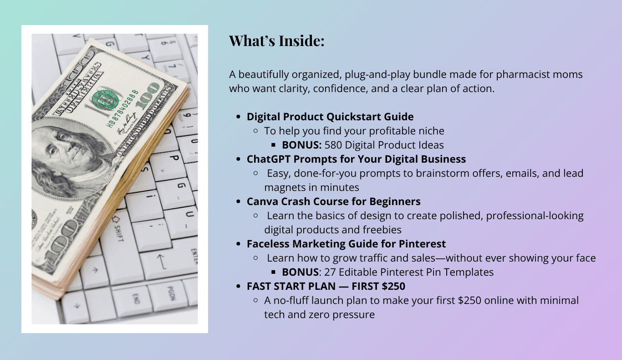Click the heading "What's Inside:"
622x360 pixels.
(276, 41)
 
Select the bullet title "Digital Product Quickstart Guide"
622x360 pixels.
(330, 117)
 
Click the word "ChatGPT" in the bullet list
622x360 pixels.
(269, 159)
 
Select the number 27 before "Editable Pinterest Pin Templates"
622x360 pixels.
(330, 272)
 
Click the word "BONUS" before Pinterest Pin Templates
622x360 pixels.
(300, 272)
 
